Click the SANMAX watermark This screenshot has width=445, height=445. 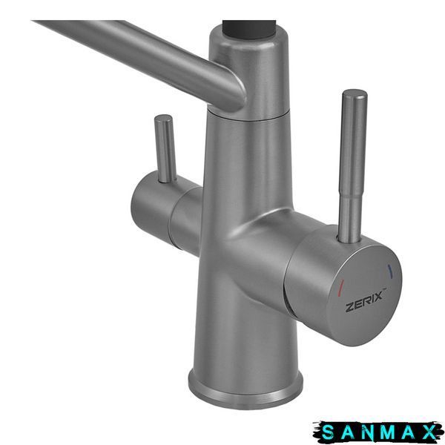click(379, 432)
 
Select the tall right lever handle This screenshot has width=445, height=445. click(351, 166)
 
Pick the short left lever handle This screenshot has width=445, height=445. click(165, 148)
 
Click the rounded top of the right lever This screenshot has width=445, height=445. click(355, 94)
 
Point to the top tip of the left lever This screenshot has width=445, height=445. click(163, 117)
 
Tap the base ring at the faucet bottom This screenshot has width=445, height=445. click(245, 393)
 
